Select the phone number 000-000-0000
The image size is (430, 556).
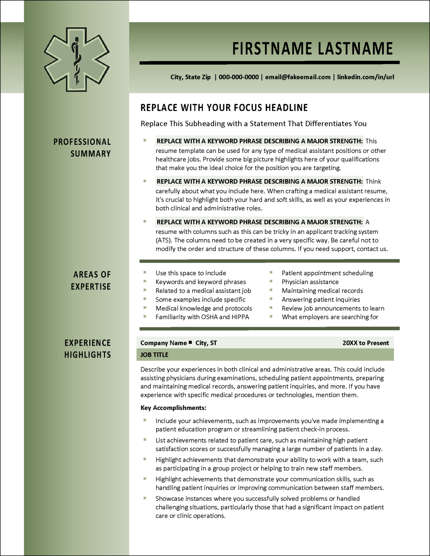tap(239, 77)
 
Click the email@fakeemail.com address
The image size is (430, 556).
tap(298, 77)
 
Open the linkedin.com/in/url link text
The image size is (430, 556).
tap(365, 77)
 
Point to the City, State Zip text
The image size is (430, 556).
tap(190, 77)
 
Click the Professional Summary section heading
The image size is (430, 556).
tap(82, 148)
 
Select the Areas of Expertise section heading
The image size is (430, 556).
tap(91, 281)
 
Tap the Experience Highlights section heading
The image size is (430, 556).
tap(88, 349)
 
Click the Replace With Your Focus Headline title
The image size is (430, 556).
tap(224, 108)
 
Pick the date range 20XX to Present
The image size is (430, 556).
tap(365, 343)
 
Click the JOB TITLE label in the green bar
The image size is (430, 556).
tap(154, 355)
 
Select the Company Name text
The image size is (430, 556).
tap(163, 343)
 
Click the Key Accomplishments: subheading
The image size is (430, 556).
tap(173, 408)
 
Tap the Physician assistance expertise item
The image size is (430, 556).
tap(310, 282)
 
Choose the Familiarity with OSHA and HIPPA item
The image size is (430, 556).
tap(202, 317)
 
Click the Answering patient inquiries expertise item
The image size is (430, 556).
tap(321, 299)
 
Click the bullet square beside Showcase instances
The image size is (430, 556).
tap(145, 498)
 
